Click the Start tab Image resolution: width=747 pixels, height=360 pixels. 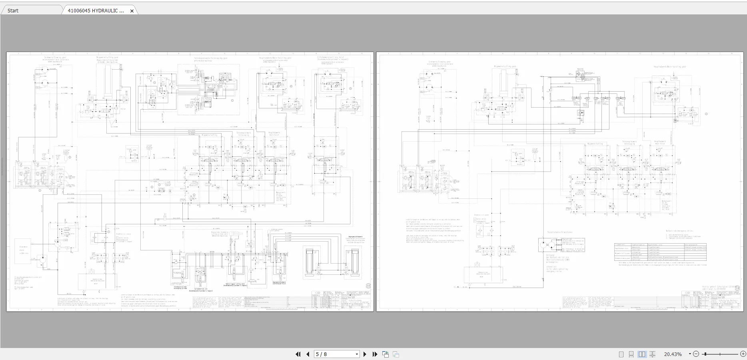coord(13,10)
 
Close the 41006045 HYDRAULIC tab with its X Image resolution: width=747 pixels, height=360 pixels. coord(132,11)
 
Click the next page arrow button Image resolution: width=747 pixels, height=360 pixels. coord(365,354)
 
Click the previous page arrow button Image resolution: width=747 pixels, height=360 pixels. coord(308,354)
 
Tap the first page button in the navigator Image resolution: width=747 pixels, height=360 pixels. coord(298,354)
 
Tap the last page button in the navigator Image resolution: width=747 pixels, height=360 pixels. coord(375,354)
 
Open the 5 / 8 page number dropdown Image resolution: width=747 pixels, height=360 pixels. coord(357,354)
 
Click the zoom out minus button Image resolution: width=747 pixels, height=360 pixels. coord(696,354)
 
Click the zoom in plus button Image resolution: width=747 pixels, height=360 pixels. coord(743,354)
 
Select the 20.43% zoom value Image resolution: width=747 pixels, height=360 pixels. coord(673,354)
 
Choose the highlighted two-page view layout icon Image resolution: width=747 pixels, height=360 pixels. coord(642,354)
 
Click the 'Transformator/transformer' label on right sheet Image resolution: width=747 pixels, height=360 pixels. coord(560,232)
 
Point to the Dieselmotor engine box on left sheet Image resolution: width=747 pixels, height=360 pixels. coord(24,250)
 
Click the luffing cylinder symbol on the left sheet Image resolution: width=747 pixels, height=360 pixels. coord(107,80)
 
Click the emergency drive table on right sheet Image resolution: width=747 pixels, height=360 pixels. coord(660,252)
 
